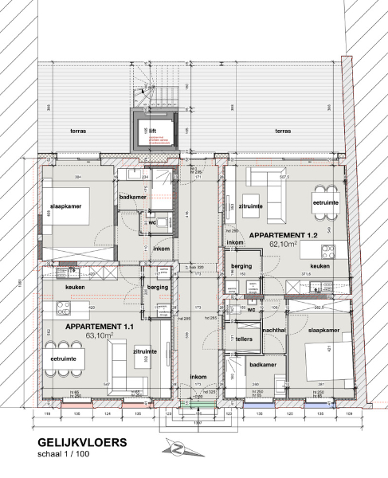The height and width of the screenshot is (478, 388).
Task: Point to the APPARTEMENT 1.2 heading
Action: pos(284,236)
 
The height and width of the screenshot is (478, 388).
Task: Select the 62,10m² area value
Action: pos(284,245)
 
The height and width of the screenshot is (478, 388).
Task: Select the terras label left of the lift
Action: pos(77,130)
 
